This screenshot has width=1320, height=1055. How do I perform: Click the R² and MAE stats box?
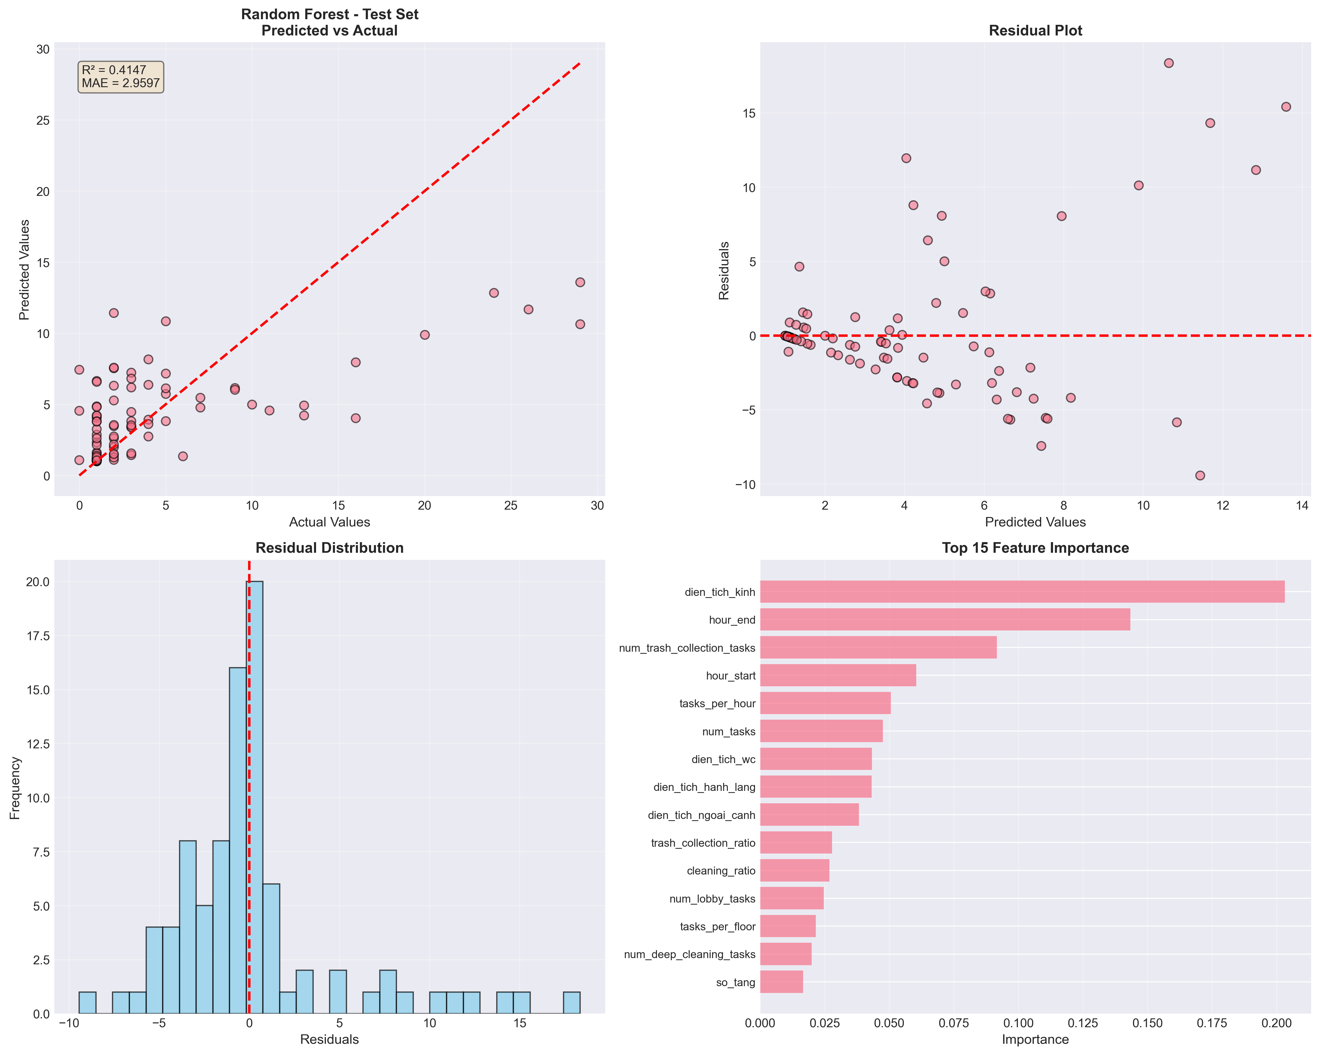coord(121,77)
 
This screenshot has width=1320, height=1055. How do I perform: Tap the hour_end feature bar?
coord(945,620)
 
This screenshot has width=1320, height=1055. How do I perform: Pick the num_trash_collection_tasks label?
coord(687,648)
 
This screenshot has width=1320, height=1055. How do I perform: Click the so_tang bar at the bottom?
coord(781,982)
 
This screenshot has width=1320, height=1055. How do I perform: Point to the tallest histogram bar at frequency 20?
coord(255,796)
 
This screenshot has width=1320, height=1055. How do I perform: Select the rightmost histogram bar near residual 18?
coord(571,1002)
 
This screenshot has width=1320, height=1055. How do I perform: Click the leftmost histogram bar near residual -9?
coord(87,1002)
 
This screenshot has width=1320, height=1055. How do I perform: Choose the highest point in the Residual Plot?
coord(1168,63)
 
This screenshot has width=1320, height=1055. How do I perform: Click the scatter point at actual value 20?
coord(424,335)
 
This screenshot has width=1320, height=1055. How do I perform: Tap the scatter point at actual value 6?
coord(183,456)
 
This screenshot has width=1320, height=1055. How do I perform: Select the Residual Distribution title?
coord(329,548)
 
